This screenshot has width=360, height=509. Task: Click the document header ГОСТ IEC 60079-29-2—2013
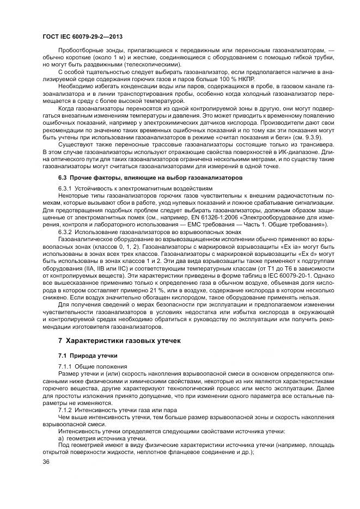click(82, 36)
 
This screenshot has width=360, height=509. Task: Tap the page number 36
click(46, 462)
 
